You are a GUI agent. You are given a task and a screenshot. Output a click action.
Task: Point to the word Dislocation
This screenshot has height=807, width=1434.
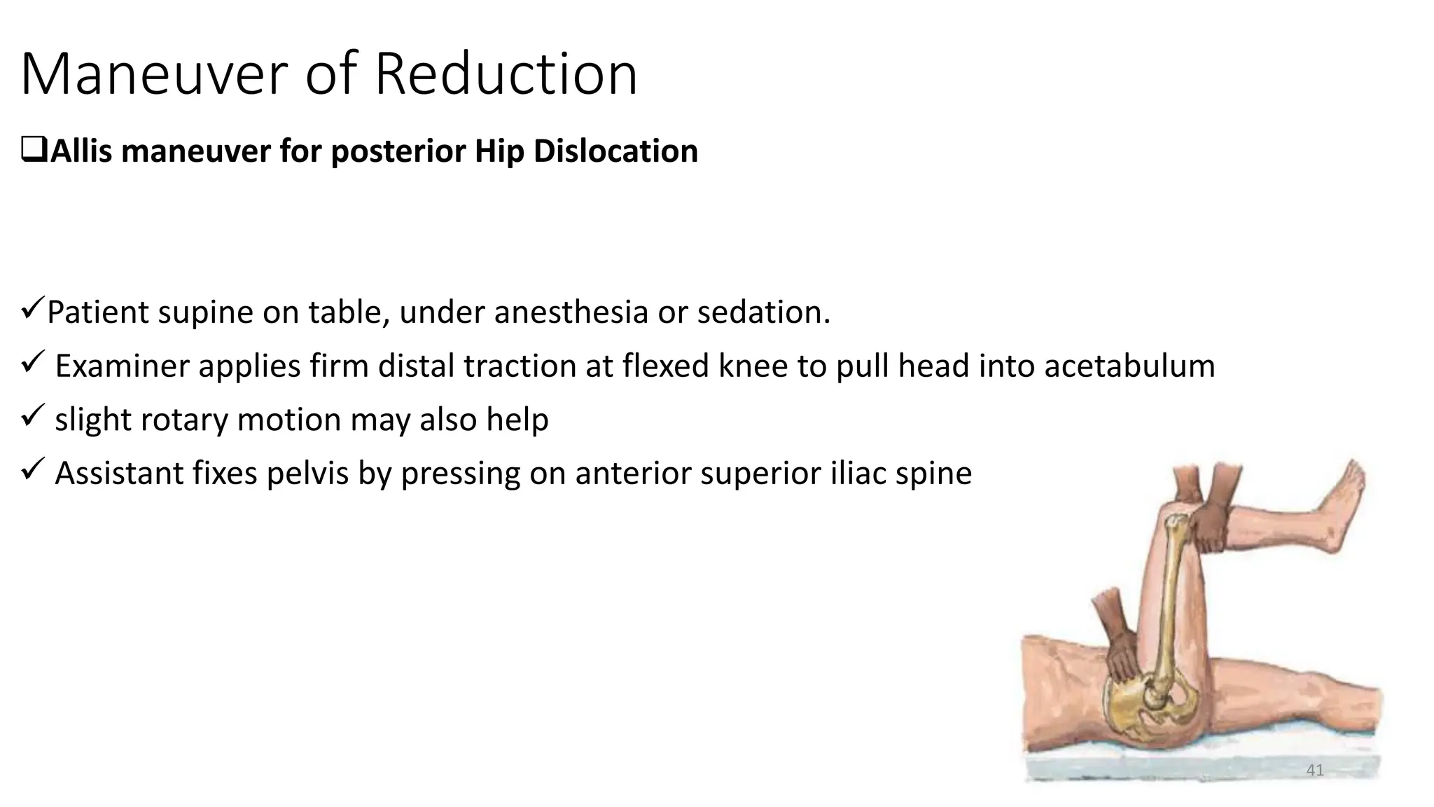(x=615, y=151)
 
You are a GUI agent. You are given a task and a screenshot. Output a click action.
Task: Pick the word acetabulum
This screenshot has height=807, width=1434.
(x=1129, y=366)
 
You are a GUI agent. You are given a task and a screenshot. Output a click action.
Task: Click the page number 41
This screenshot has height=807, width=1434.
(x=1315, y=771)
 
